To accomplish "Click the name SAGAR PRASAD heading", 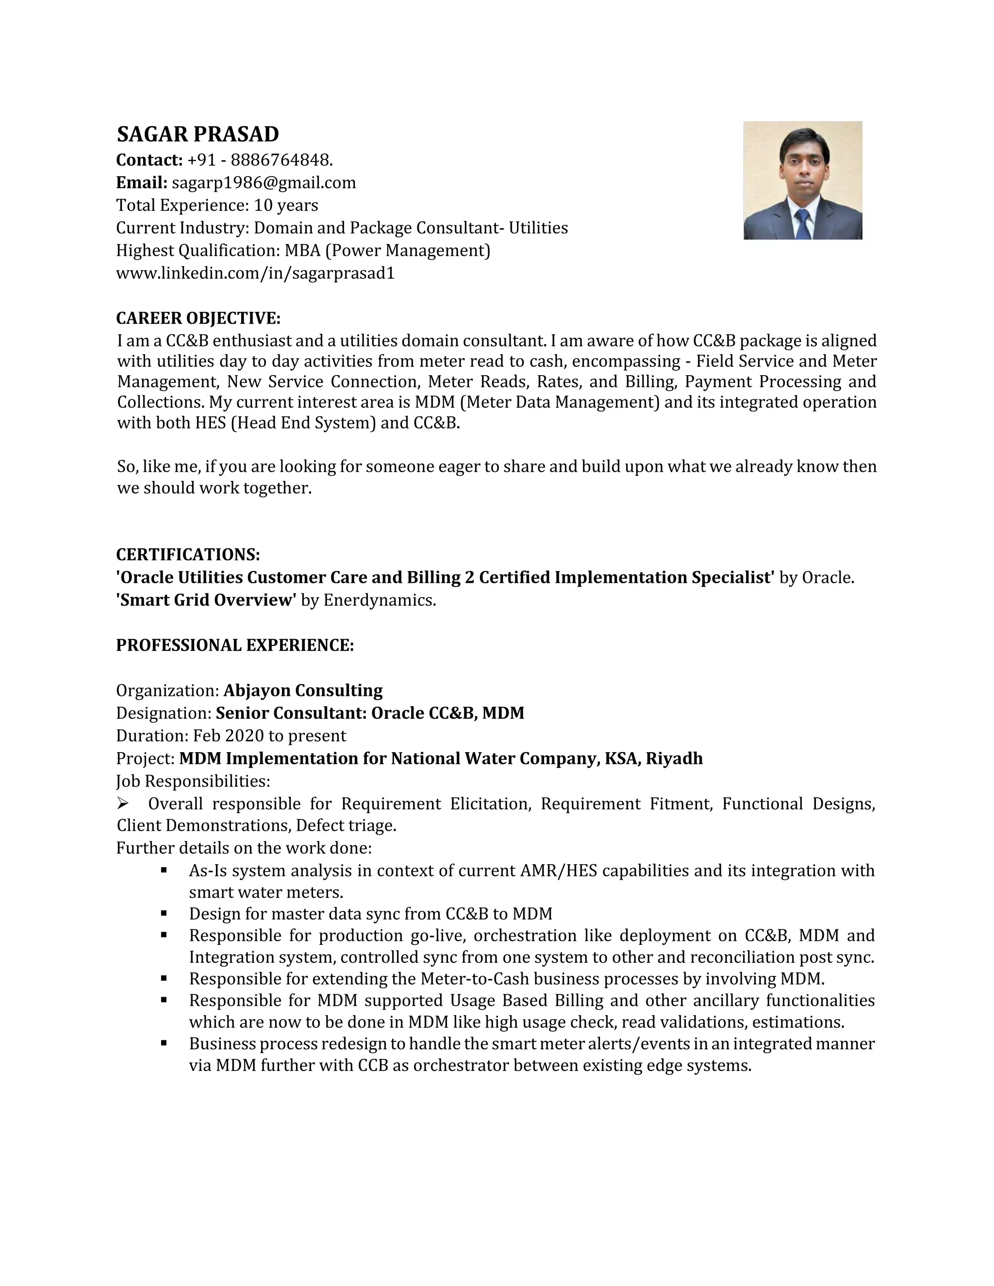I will coord(198,135).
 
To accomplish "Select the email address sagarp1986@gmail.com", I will coord(264,183).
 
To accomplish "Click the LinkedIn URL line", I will coord(255,274).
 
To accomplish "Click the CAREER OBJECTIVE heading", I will coord(198,318).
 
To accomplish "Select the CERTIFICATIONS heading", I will coord(188,555).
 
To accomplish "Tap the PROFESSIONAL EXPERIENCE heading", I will coord(235,645).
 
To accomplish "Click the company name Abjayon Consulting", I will coord(303,691).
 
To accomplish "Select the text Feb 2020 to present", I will coord(270,736).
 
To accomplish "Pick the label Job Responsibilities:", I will coord(193,781).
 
